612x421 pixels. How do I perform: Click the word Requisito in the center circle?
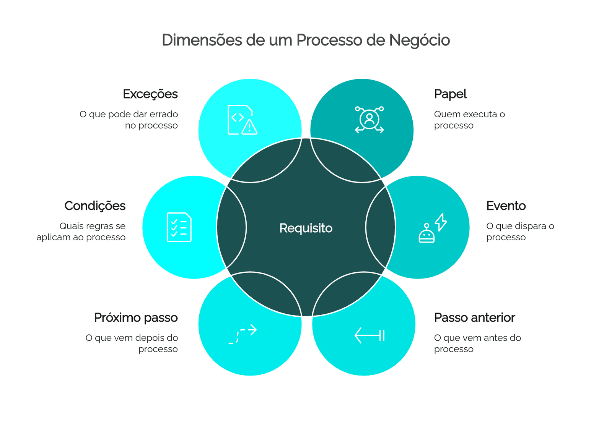(x=306, y=228)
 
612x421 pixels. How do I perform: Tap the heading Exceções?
(x=150, y=94)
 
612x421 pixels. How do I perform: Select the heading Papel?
(x=450, y=94)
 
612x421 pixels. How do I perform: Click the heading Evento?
(x=506, y=206)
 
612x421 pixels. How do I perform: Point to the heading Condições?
(x=95, y=206)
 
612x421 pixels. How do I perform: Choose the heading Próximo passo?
(x=136, y=318)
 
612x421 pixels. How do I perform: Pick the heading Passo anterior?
(x=475, y=317)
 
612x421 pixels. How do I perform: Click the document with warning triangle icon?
(x=243, y=120)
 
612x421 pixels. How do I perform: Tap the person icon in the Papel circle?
(x=369, y=120)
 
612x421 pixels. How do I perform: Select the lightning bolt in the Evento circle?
(x=441, y=222)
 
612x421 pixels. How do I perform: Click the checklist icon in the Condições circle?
(x=179, y=227)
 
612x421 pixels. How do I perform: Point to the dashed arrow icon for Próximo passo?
(x=243, y=334)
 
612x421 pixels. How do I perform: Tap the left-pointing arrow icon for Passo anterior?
(x=369, y=335)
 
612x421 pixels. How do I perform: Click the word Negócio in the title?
(x=419, y=40)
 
